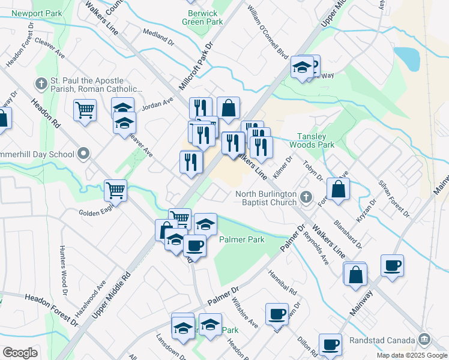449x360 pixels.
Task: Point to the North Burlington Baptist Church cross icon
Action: (306, 197)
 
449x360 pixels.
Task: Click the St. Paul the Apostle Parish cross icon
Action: (41, 83)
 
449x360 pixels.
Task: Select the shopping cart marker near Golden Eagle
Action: (116, 190)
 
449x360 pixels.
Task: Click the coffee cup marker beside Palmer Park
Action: (194, 245)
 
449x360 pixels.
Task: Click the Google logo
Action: (20, 353)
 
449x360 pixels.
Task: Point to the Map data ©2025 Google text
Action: (411, 355)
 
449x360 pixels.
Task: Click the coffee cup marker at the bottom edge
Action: (330, 344)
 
